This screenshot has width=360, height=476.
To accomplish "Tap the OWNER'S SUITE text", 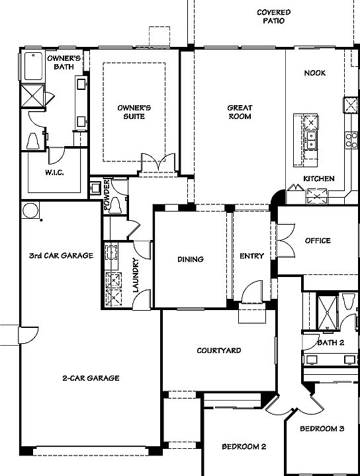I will pos(135,112).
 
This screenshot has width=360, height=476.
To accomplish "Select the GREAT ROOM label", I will pos(239,112).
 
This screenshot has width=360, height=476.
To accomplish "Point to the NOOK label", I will pos(315,73).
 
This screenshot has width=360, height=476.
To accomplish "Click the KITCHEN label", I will pos(319,178).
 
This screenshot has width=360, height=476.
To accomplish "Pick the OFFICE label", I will pos(318,241).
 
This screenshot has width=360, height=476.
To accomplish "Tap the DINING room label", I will pos(191,259).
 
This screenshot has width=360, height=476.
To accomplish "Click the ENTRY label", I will pos(252,257).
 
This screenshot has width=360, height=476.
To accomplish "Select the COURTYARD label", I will pos(219,350).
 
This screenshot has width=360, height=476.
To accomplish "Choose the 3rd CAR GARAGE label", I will pos(61,256).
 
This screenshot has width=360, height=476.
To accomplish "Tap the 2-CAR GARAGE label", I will pos(91,378).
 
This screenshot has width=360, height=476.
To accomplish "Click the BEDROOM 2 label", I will pos(244,447).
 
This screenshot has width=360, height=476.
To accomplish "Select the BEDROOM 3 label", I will pos(322,428).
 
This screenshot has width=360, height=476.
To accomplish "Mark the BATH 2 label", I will pos(331,342).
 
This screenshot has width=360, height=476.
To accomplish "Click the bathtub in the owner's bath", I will pos(33,67).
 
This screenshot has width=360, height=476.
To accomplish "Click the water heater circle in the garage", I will pos(30,210).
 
